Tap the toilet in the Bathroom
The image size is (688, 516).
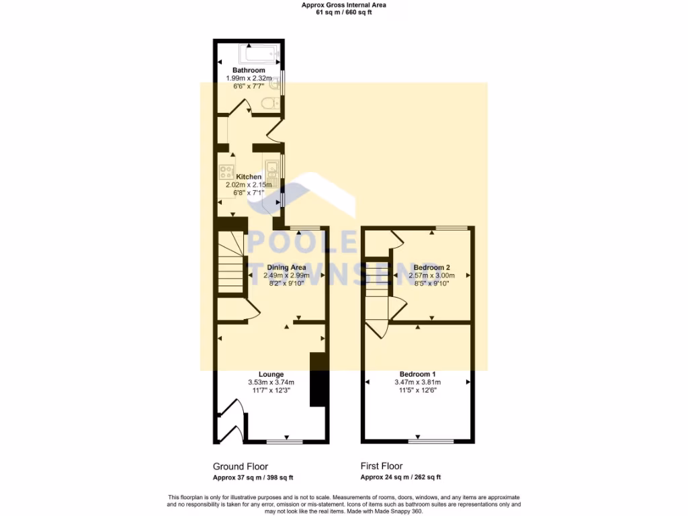click(x=270, y=103)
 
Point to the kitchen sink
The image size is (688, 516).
click(x=272, y=167)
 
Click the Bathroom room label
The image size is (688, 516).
click(x=249, y=70)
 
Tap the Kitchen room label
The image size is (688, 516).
click(x=249, y=177)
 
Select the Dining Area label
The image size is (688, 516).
click(x=286, y=267)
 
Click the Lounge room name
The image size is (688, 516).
click(x=271, y=374)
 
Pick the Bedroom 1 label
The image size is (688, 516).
click(x=418, y=374)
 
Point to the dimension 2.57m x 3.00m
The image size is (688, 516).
click(x=431, y=275)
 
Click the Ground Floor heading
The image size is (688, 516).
click(x=241, y=466)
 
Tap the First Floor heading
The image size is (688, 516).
click(x=382, y=466)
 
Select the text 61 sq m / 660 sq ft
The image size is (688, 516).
click(x=343, y=12)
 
